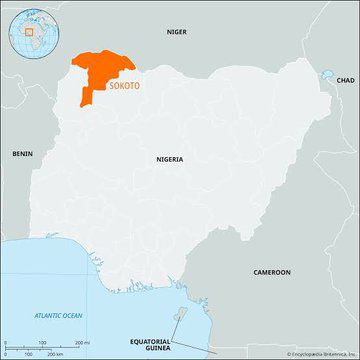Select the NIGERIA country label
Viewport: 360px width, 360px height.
click(171, 159)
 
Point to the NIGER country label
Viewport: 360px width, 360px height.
click(176, 32)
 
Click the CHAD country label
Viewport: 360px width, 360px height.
click(345, 79)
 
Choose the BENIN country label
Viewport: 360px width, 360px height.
click(22, 153)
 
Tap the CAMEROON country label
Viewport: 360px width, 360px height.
click(271, 272)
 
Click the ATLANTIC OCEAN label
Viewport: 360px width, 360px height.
click(59, 316)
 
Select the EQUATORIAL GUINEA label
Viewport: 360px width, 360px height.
click(151, 345)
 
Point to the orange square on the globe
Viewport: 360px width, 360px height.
click(29, 31)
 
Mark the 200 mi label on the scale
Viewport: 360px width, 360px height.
click(78, 342)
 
